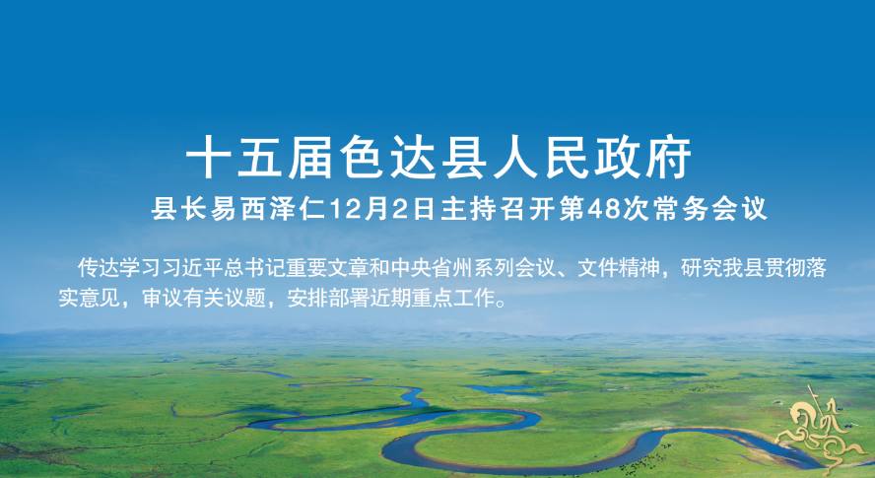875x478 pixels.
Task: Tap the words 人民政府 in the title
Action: click(x=591, y=158)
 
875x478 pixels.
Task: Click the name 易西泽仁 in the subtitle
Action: click(x=268, y=209)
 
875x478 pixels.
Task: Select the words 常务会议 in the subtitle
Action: click(x=711, y=209)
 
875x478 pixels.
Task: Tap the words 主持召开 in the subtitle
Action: click(x=499, y=209)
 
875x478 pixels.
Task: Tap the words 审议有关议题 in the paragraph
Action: click(x=204, y=299)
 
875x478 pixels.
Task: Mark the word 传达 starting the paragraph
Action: click(x=98, y=268)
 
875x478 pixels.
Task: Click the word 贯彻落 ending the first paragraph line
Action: click(x=796, y=268)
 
